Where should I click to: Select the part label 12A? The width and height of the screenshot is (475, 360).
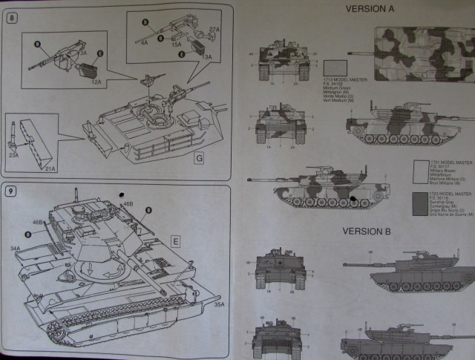point(96,82)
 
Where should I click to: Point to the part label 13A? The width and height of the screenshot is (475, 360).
point(207,56)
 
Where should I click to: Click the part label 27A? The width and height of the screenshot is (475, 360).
point(214,27)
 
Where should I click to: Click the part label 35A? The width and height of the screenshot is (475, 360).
point(218,304)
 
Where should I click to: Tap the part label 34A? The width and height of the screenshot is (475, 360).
point(16,248)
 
